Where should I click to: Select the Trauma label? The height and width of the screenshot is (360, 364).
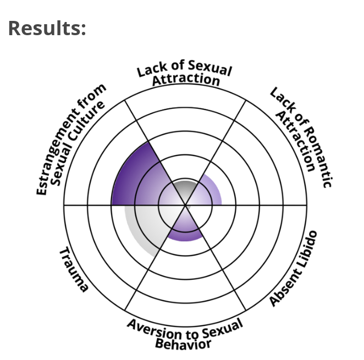tap(74, 270)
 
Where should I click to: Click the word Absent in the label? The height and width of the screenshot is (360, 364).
tap(285, 288)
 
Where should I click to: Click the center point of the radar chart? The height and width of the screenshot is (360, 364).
tap(185, 205)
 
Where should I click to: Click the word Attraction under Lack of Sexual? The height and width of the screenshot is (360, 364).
tap(186, 80)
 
